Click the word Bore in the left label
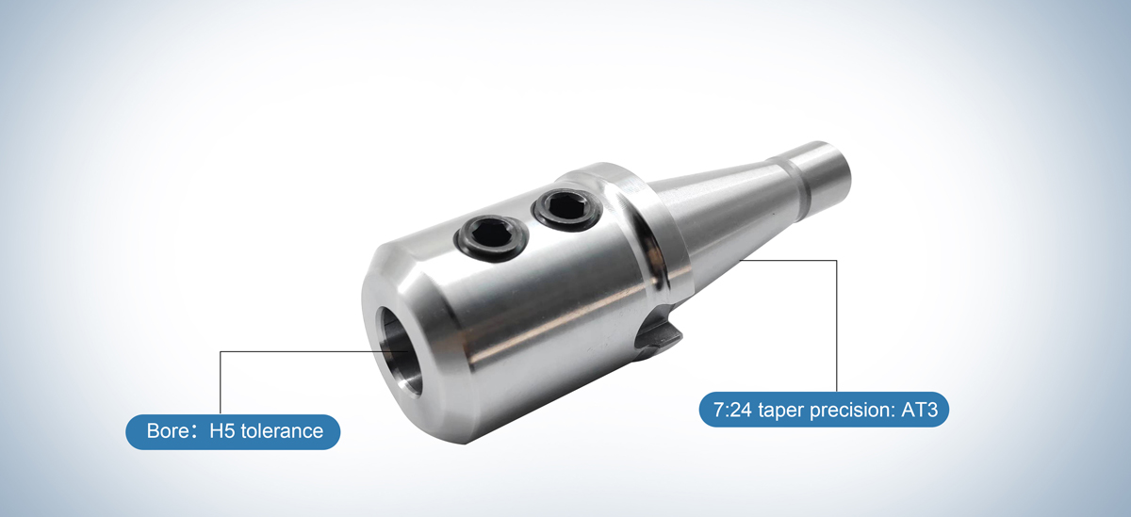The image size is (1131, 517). [168, 432]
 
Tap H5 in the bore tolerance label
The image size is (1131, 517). [222, 432]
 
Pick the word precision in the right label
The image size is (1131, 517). [850, 412]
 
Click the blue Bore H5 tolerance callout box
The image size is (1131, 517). [233, 432]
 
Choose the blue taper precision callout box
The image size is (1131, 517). [824, 412]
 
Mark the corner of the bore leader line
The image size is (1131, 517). [220, 352]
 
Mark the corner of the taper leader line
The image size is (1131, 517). [837, 260]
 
